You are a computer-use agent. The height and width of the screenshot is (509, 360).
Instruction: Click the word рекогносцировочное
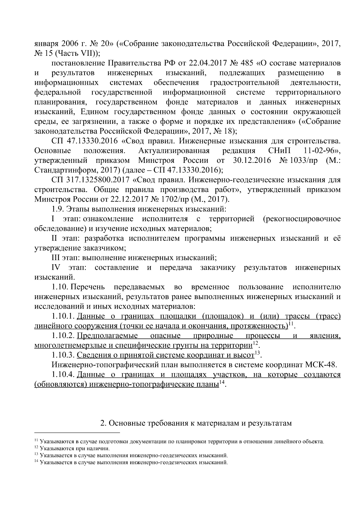coord(302,219)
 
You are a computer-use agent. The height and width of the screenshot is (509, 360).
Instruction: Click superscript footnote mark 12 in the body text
coord(255,343)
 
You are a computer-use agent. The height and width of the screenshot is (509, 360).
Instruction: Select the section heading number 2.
coord(102,423)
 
